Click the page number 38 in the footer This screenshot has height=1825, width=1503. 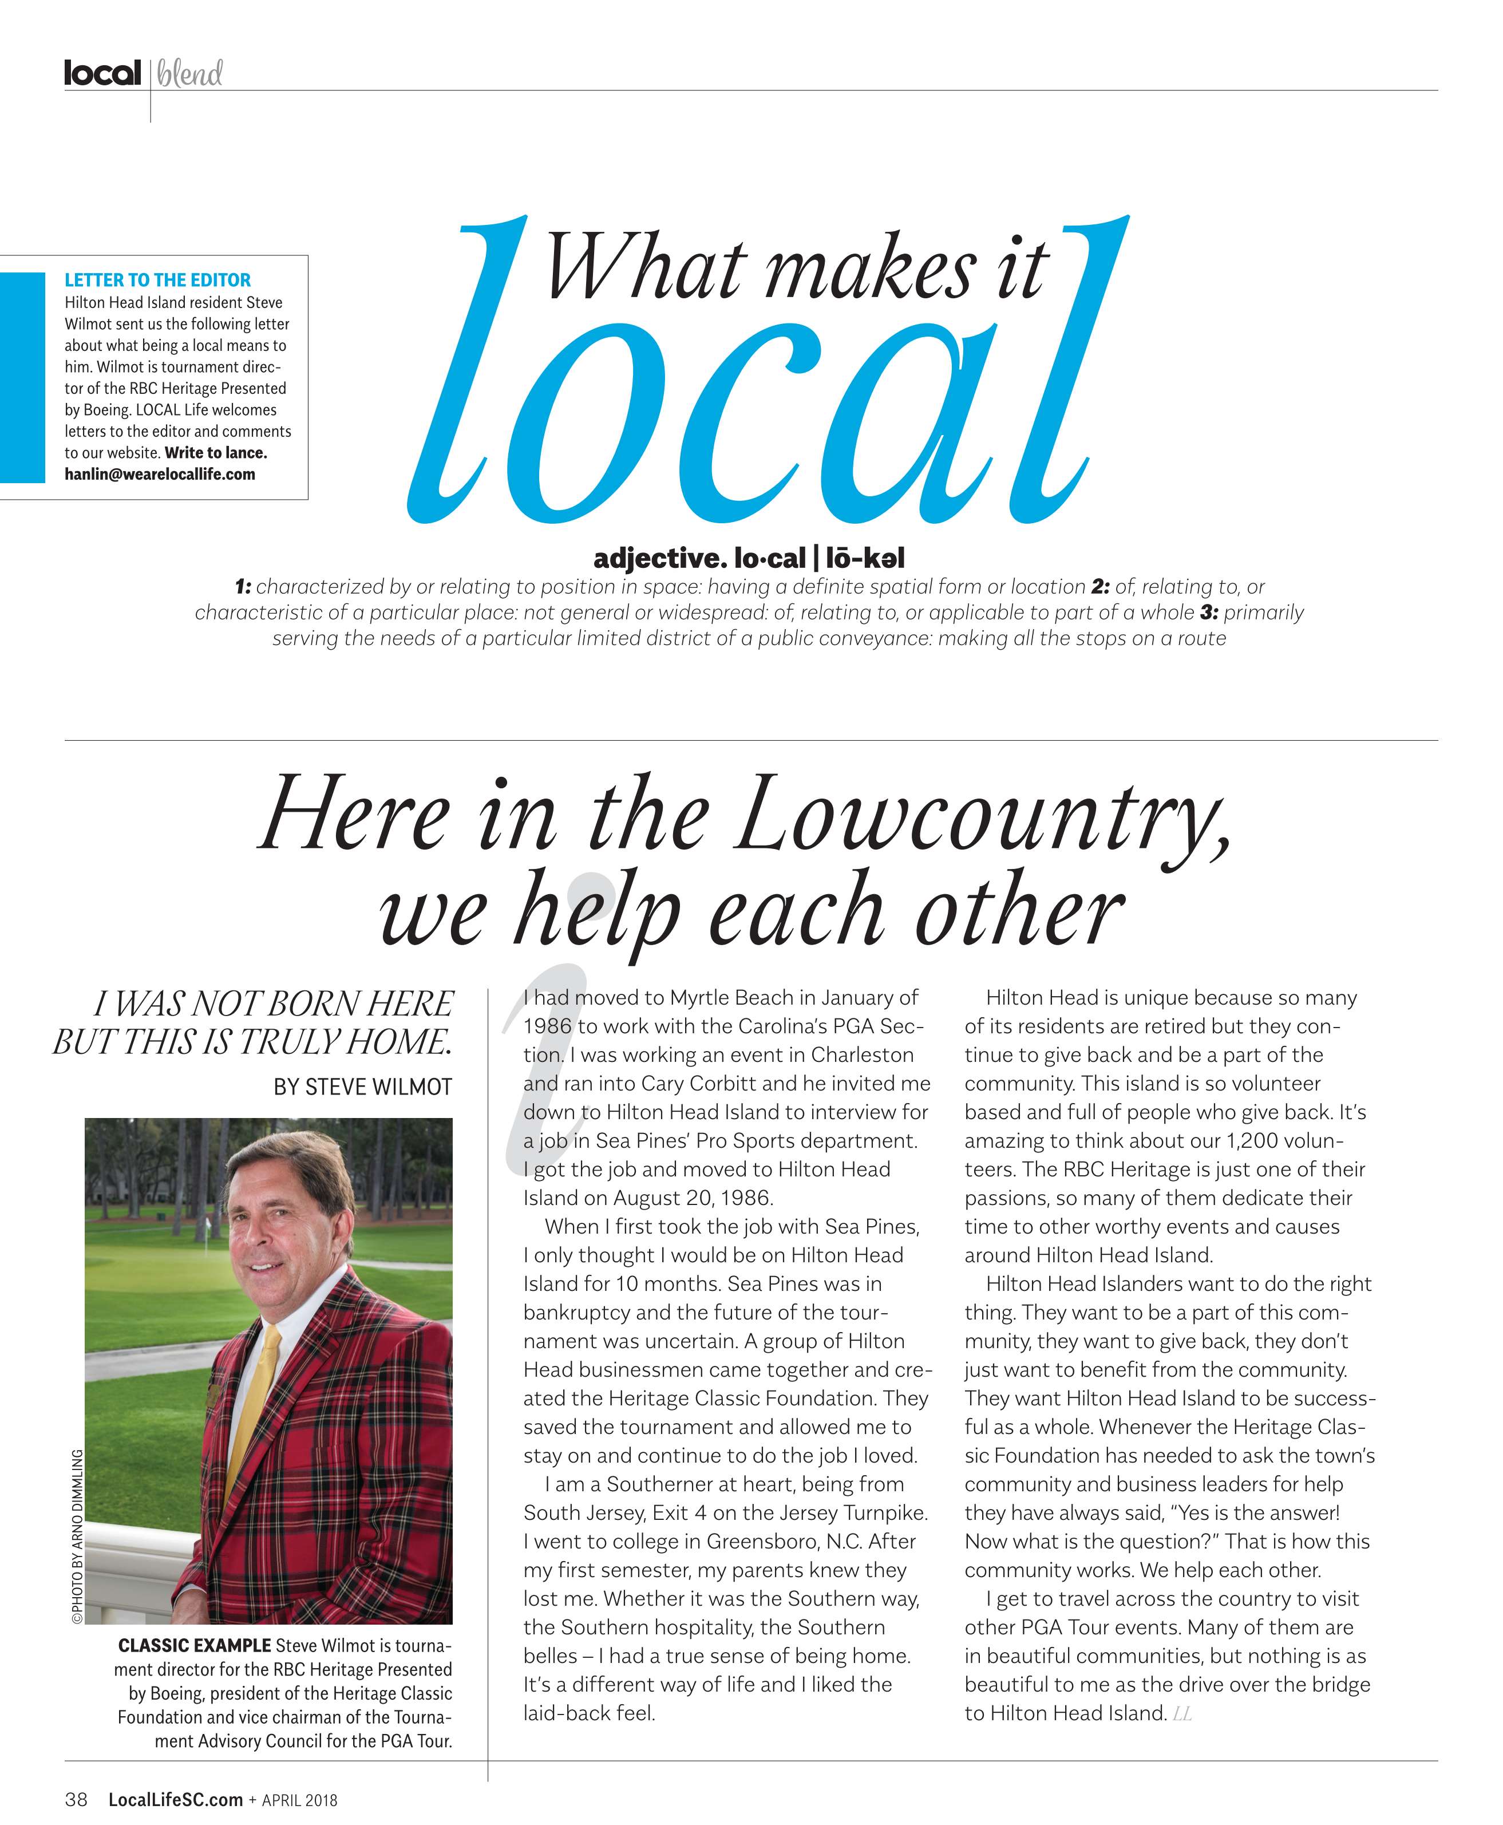[76, 1800]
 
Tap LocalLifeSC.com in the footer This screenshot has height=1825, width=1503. [175, 1800]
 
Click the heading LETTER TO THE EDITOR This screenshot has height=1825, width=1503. [157, 279]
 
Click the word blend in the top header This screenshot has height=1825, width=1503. [189, 74]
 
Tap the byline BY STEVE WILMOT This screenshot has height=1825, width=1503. [363, 1087]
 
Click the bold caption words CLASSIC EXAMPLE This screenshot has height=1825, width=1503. [194, 1645]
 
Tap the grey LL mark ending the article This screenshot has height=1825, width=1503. [1182, 1713]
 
